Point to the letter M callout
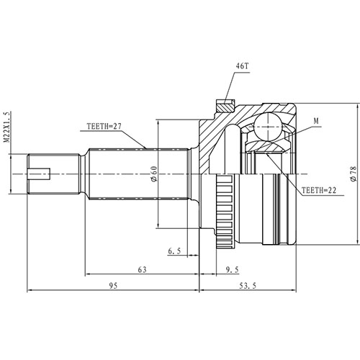[x=318, y=120]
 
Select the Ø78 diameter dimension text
[x=352, y=174]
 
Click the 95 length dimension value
[x=113, y=286]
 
